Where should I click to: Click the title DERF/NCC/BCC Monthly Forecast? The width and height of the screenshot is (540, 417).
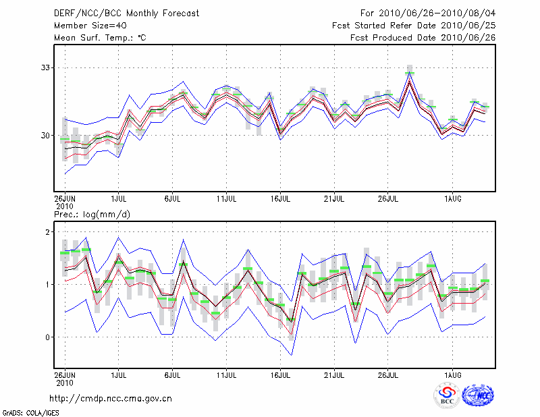[128, 13]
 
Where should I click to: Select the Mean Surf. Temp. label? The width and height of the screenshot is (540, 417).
[100, 38]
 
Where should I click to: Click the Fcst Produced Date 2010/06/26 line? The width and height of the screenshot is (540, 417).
[423, 38]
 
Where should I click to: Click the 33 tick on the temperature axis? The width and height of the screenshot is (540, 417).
[45, 67]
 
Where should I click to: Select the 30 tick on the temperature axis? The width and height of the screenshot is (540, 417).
[45, 135]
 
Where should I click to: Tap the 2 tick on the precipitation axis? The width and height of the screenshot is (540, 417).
[49, 232]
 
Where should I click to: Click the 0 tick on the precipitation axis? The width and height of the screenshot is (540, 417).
[49, 337]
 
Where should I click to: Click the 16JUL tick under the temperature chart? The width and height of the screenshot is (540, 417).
[280, 199]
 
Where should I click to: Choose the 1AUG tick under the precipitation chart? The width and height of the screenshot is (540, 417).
[452, 373]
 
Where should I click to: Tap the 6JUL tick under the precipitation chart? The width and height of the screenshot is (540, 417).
[173, 373]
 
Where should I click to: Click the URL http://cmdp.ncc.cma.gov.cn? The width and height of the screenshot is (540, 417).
[111, 398]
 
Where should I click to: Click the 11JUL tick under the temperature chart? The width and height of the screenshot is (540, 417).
[226, 199]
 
